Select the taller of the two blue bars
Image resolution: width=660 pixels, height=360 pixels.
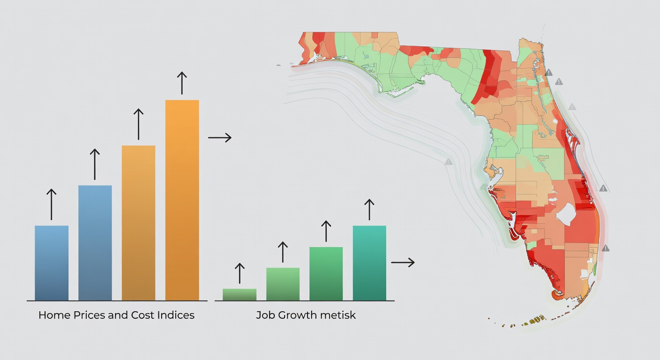tap(95, 242)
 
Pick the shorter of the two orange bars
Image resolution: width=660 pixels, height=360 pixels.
tap(138, 223)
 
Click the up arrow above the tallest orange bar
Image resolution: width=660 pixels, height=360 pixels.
tap(182, 83)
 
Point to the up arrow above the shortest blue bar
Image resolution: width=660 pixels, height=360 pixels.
tap(52, 204)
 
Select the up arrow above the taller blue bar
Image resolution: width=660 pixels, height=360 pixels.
tap(95, 164)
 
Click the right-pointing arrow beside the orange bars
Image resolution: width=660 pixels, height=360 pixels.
tap(219, 137)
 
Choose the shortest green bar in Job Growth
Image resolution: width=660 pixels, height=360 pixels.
tap(240, 294)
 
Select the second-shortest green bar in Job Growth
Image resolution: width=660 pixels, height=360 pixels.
tap(283, 284)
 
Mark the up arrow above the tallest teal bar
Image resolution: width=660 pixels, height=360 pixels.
tap(369, 210)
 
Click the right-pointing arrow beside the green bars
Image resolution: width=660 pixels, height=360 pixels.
tap(403, 262)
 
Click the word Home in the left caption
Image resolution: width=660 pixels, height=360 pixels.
tap(54, 315)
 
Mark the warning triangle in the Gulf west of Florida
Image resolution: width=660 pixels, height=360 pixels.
tap(449, 162)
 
